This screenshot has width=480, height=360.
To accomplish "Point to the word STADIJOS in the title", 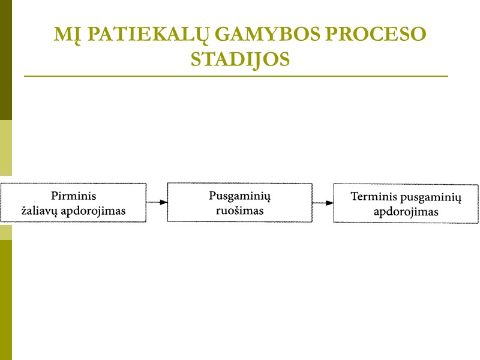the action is tap(240, 59).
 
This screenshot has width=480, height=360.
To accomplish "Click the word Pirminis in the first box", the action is tap(74, 196).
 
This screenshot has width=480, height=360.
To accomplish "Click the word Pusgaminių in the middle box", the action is tap(239, 196).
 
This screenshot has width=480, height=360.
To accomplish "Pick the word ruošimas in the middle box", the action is tap(239, 211).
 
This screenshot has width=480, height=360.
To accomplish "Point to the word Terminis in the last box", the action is tap(373, 197).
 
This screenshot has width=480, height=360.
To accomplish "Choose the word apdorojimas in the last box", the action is tap(406, 212).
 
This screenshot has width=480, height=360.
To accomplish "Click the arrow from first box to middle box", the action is tap(157, 203).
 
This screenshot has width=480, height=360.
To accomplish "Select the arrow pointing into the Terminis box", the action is tap(323, 203).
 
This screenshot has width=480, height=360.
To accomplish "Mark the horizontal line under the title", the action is tap(236, 76).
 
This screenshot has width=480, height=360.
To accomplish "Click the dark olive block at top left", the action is tap(5, 60).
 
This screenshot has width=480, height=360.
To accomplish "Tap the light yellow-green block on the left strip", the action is tap(5, 148).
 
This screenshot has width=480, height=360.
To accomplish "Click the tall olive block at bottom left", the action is tap(5, 300).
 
